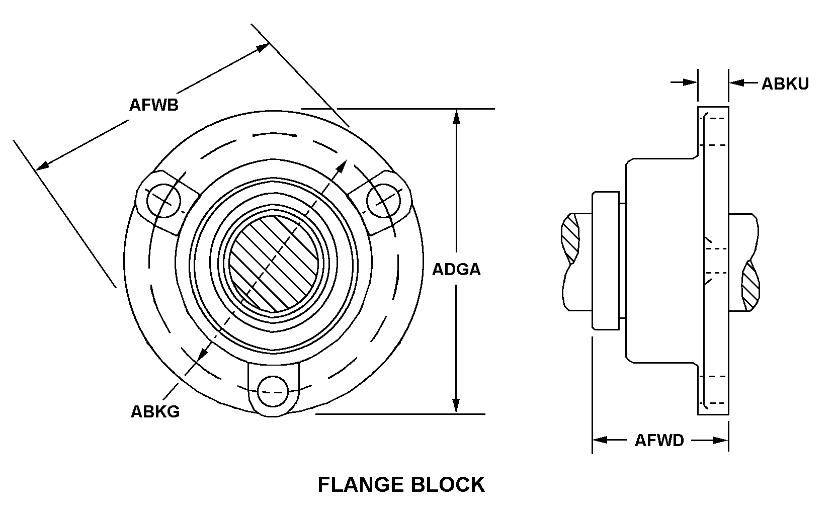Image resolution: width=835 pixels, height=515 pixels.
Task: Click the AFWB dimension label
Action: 154,105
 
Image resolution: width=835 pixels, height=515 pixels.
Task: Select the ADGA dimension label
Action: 456,270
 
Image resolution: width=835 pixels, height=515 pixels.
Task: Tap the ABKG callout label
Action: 155,412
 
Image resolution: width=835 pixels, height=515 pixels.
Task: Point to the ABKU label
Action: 785,84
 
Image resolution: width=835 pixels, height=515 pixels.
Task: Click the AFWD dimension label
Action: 659,441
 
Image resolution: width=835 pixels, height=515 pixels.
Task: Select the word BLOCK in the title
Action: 448,485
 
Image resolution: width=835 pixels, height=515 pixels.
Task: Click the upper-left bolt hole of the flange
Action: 163,201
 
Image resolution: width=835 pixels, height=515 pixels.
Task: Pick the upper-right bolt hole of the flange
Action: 384,201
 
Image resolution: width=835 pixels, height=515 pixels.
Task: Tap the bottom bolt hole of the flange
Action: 273,392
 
